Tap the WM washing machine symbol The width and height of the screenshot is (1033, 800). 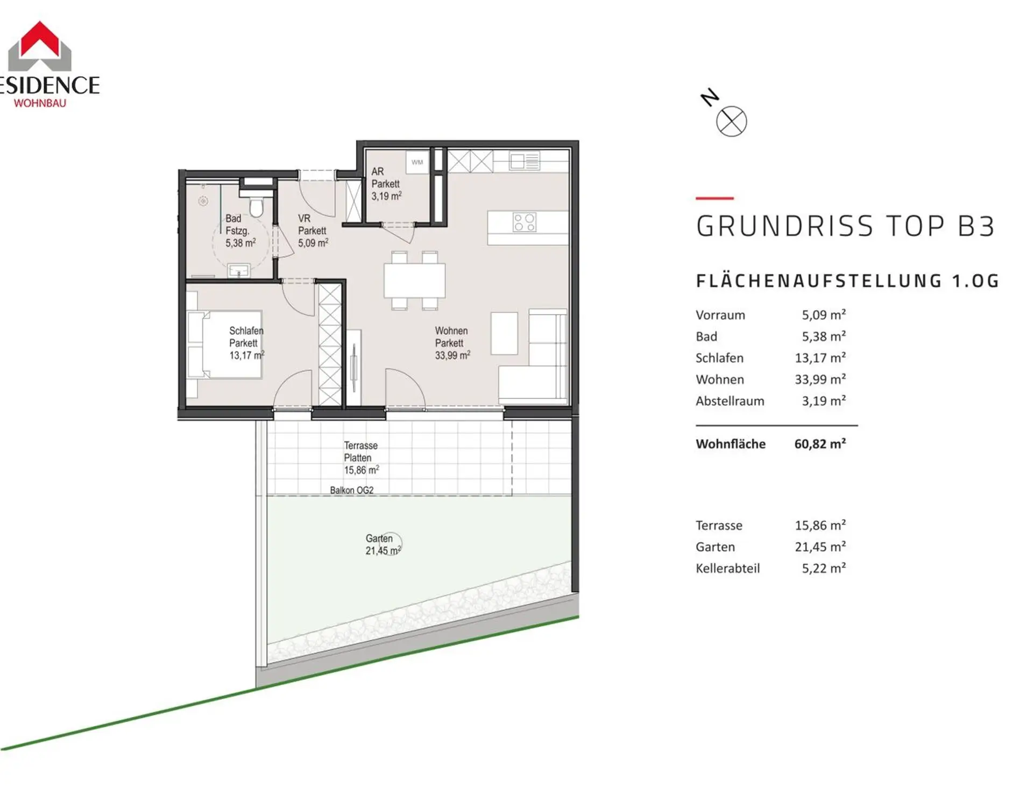point(417,162)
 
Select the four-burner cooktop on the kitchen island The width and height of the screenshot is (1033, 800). point(524,222)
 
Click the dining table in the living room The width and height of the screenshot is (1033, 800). point(414,280)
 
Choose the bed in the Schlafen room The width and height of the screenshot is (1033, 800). point(224,345)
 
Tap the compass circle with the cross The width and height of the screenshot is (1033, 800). point(731,121)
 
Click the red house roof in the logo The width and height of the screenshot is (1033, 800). point(40,39)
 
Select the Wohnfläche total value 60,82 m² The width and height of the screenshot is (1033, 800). point(820,444)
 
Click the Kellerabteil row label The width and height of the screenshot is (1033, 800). point(727,569)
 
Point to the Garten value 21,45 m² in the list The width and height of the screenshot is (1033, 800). point(820,547)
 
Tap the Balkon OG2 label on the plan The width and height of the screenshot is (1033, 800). point(352,490)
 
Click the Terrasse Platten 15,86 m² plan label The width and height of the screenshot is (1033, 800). point(362,458)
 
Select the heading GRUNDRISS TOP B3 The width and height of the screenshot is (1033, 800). point(845,226)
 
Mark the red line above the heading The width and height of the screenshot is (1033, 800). point(714,198)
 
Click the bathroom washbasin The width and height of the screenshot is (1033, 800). point(238,270)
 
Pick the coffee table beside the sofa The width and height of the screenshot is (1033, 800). point(504,333)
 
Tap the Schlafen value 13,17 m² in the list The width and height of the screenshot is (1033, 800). point(820,358)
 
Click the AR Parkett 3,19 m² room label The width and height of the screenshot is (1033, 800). point(386,184)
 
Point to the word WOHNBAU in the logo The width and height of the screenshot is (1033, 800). point(40,103)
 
